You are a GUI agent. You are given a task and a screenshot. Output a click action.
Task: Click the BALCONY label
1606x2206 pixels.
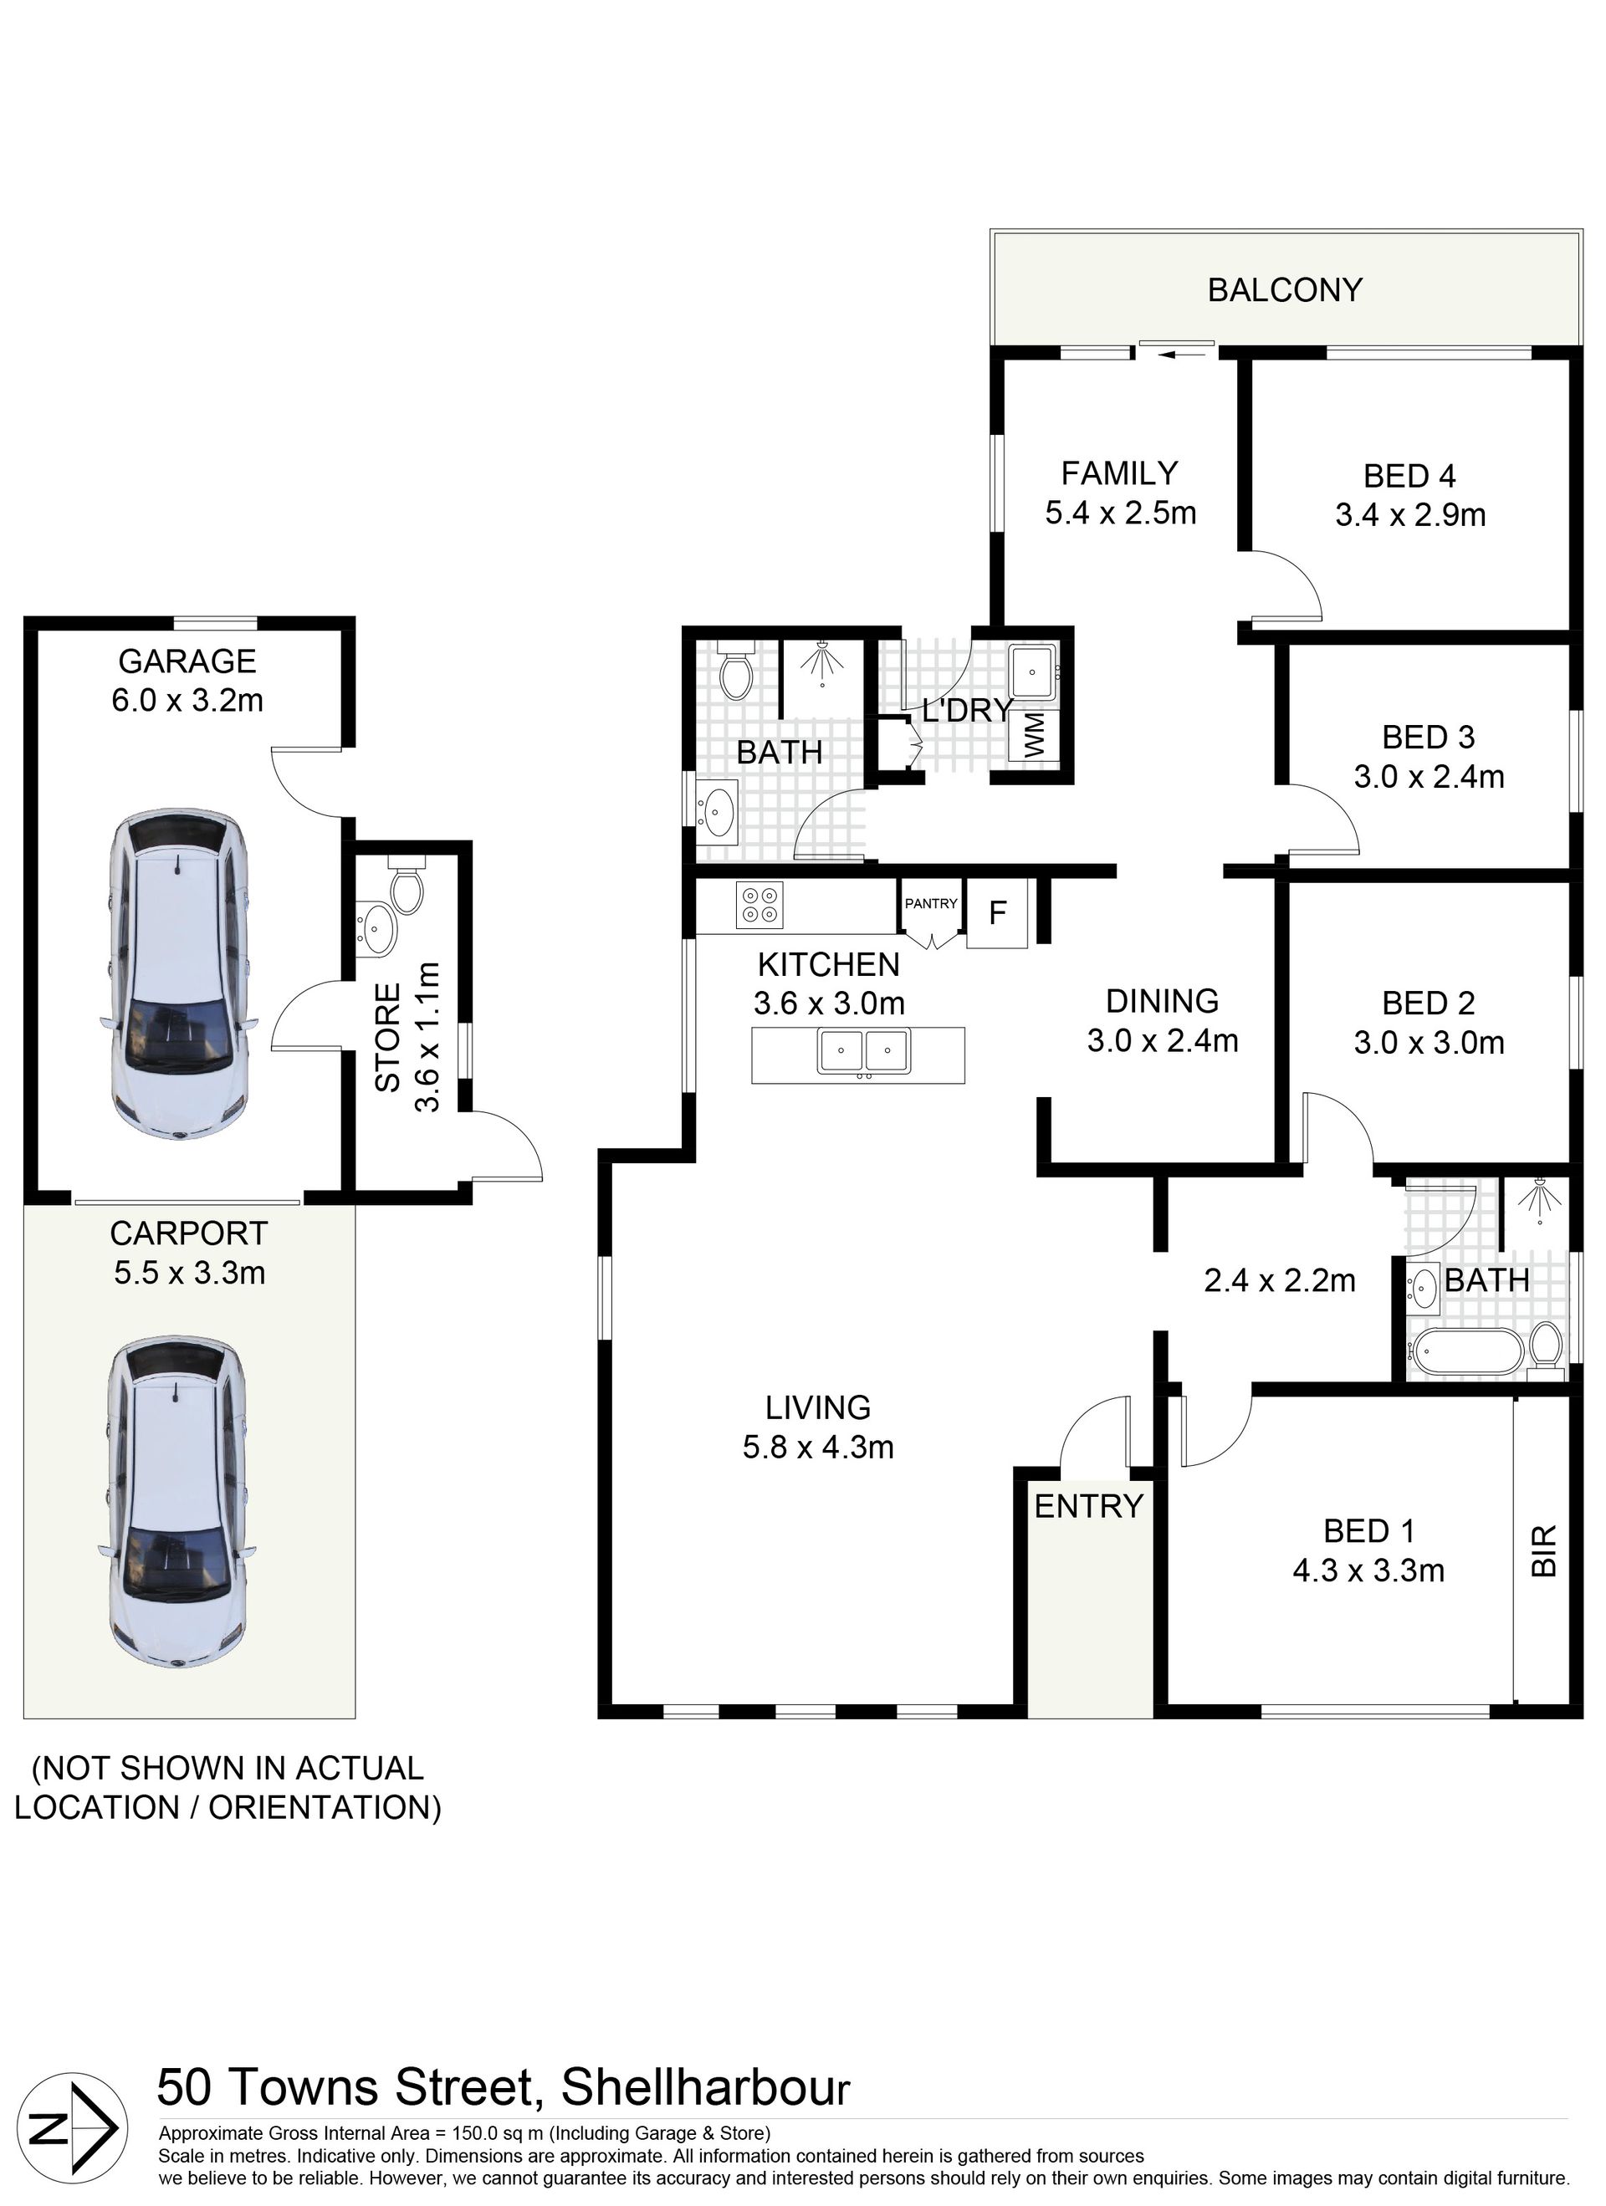[x=1284, y=290]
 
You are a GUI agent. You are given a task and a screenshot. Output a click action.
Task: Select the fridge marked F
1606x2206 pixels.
[x=997, y=912]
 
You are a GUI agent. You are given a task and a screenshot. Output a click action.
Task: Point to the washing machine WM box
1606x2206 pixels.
[x=1032, y=734]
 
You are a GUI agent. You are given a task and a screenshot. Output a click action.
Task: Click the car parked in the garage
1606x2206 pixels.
[x=180, y=973]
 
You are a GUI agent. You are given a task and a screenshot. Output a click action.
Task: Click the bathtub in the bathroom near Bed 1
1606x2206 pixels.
[x=1466, y=1352]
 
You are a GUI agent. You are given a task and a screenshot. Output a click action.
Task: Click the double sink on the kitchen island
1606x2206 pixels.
[x=863, y=1053]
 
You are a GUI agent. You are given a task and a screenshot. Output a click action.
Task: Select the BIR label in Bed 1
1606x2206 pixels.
[x=1544, y=1550]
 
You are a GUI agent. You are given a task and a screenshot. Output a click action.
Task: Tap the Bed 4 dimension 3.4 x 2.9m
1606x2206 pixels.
[x=1409, y=514]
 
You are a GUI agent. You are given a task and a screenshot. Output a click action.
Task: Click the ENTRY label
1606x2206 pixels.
[x=1088, y=1507]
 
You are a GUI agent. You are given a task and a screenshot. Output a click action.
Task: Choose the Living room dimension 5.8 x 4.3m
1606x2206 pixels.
[x=818, y=1448]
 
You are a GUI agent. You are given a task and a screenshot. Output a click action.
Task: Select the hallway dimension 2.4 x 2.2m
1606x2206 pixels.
[x=1279, y=1281]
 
